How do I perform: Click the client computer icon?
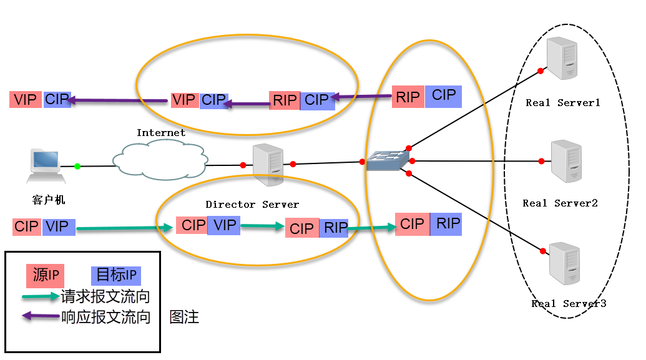tap(46, 166)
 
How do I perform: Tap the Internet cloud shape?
tap(159, 159)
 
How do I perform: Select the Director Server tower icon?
tap(268, 165)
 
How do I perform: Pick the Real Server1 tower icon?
tap(560, 59)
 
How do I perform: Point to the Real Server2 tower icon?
tap(566, 161)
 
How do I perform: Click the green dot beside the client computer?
tap(77, 166)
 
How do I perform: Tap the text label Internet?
tap(161, 132)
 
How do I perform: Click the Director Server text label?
tap(252, 204)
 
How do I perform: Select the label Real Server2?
tap(560, 203)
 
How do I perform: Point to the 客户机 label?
tap(48, 200)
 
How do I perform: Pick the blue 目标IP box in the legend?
tap(116, 275)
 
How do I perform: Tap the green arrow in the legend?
tap(40, 296)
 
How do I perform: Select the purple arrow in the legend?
tap(40, 316)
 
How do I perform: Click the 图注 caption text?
tap(184, 317)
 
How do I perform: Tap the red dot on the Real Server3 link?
tap(541, 251)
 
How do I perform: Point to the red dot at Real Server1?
tap(541, 71)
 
